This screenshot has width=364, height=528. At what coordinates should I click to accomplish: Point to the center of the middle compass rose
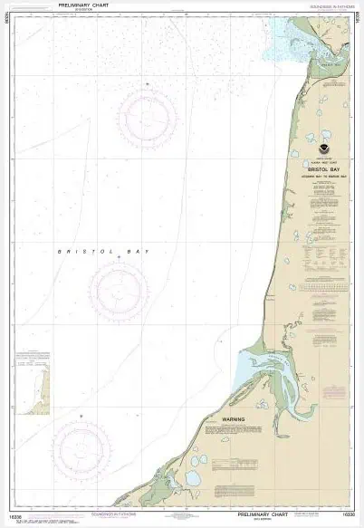pos(119,291)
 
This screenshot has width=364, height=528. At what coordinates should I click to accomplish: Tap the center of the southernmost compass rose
pos(81,450)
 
